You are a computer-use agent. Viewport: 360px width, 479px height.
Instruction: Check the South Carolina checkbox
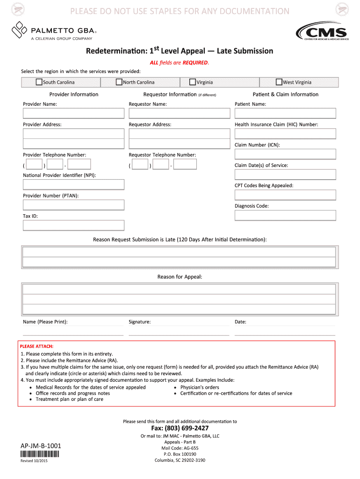39,82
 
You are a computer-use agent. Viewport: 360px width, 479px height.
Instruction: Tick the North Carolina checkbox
119,82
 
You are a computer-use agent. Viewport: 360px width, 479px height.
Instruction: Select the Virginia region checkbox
193,82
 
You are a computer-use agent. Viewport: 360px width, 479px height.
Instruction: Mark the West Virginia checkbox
279,82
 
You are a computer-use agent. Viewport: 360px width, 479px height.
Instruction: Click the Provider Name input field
74,113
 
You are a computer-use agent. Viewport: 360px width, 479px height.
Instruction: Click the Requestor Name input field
180,113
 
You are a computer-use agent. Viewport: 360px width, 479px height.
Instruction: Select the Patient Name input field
285,113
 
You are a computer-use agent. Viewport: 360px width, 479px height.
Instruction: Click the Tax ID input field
74,225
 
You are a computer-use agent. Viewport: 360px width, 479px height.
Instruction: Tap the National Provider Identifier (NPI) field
74,184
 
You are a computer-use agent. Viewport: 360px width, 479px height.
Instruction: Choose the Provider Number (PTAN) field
74,205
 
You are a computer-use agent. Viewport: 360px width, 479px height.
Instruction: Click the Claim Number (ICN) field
285,154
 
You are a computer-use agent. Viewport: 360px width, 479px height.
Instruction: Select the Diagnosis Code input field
285,215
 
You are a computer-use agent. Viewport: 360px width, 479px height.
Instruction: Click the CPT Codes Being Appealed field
285,195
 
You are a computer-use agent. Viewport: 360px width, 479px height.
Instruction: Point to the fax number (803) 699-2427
180,428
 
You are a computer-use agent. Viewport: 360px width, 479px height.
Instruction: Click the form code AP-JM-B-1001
41,446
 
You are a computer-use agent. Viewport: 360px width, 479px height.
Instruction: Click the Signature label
139,322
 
